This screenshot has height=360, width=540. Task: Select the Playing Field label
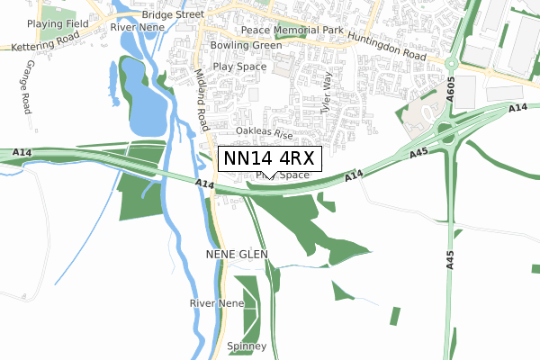pyautogui.click(x=56, y=23)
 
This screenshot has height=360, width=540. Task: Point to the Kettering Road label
pyautogui.click(x=43, y=45)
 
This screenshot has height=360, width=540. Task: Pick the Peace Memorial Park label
pyautogui.click(x=283, y=30)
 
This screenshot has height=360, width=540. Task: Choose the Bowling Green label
pyautogui.click(x=246, y=45)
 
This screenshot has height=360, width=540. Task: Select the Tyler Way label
pyautogui.click(x=328, y=90)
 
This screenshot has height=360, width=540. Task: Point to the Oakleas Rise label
pyautogui.click(x=265, y=132)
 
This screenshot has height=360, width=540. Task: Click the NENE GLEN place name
pyautogui.click(x=237, y=256)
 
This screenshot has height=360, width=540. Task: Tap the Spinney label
pyautogui.click(x=247, y=346)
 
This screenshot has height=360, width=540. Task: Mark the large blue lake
pyautogui.click(x=142, y=94)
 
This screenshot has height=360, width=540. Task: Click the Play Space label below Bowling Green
pyautogui.click(x=240, y=67)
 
